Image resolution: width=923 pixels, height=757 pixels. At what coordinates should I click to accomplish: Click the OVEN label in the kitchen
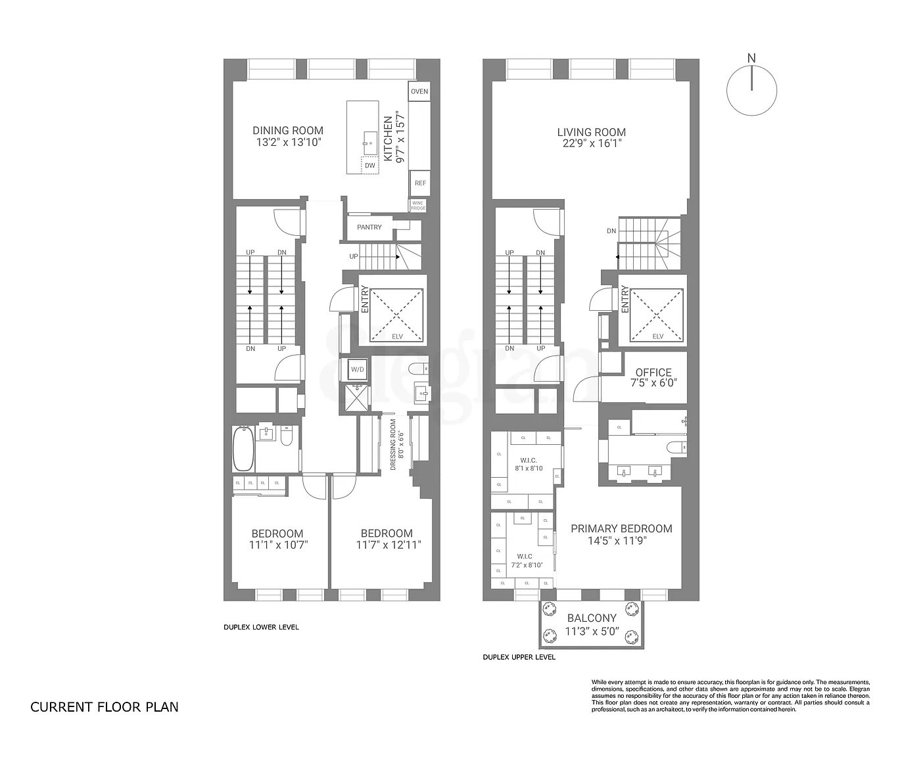419,91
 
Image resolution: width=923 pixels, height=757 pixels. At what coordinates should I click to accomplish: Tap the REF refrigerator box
419,183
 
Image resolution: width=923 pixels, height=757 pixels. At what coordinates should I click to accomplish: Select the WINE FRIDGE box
419,204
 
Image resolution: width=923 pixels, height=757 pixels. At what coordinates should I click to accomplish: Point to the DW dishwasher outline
370,166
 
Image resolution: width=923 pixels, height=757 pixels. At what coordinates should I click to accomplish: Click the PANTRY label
369,227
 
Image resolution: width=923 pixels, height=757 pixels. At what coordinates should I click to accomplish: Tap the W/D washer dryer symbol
357,369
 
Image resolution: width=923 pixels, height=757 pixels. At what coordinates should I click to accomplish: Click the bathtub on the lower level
243,448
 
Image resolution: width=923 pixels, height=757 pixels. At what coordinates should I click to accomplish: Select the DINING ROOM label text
288,131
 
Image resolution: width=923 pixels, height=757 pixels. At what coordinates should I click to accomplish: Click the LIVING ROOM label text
591,132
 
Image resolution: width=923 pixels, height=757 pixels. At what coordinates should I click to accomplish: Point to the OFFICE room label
653,373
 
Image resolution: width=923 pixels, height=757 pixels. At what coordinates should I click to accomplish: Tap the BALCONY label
592,618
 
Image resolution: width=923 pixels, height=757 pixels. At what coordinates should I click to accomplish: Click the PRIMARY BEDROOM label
621,528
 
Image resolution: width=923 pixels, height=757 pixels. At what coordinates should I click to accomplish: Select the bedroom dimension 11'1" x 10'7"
279,545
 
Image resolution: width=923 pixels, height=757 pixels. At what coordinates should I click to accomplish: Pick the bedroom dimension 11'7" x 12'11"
388,545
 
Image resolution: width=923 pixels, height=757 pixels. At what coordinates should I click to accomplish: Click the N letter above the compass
751,58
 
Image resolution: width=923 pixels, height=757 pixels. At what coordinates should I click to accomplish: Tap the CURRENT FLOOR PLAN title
105,707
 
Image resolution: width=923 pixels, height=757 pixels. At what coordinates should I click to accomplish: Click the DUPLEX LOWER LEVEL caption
261,627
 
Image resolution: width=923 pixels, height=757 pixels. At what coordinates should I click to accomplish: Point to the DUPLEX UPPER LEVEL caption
519,657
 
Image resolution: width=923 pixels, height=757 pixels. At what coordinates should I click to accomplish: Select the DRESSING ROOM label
393,445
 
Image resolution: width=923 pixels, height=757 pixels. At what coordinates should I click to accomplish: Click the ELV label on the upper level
657,336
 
